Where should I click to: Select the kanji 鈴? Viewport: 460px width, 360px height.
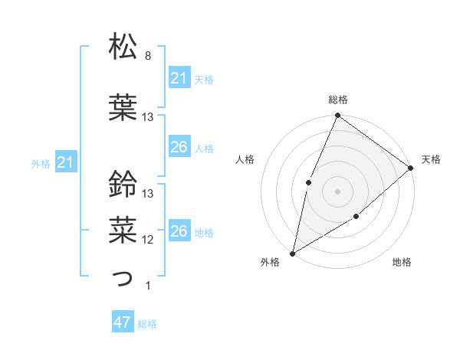tap(123, 184)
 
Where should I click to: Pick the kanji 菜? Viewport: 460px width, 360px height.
tap(123, 228)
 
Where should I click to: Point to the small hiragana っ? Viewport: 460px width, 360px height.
tap(123, 279)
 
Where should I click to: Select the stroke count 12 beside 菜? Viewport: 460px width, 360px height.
tap(148, 240)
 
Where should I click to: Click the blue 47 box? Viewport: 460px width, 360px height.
tap(123, 322)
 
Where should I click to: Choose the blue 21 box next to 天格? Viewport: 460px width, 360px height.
tap(179, 78)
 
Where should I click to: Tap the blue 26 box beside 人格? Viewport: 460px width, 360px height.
tap(179, 147)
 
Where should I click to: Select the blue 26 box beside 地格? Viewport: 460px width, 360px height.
tap(179, 231)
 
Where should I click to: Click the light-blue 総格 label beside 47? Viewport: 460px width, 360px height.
tap(147, 324)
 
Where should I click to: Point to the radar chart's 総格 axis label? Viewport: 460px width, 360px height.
tap(337, 100)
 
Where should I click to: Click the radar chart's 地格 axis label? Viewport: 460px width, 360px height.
tap(402, 263)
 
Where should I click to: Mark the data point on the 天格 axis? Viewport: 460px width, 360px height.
tap(411, 168)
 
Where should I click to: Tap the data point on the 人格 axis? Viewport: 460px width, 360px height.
tap(308, 182)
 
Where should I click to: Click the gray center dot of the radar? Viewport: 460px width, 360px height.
tap(337, 191)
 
